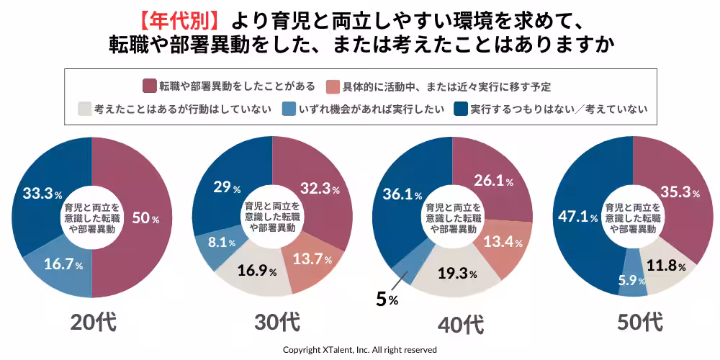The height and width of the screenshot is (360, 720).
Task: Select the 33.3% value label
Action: (39, 194)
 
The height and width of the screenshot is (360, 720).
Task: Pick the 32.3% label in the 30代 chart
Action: (318, 189)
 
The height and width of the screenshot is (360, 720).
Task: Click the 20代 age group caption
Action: (93, 323)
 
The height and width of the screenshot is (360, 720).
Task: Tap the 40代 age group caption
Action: (461, 325)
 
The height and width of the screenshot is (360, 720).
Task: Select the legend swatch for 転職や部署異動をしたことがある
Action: (150, 86)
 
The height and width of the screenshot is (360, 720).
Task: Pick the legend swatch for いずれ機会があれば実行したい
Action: (287, 109)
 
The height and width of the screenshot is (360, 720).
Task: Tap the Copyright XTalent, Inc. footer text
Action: (359, 349)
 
